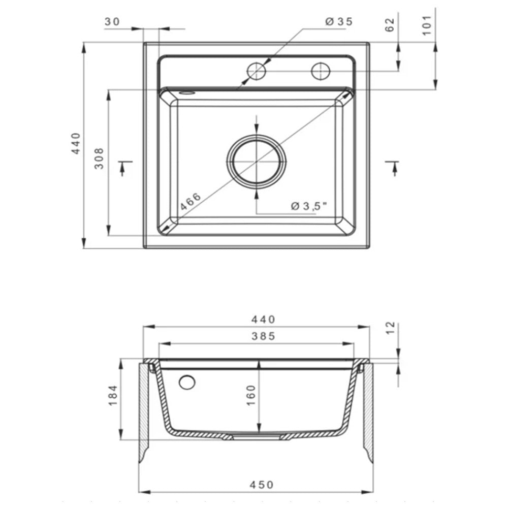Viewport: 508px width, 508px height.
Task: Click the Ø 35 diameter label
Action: point(338,22)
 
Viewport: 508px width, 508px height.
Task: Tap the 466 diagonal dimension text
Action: point(190,202)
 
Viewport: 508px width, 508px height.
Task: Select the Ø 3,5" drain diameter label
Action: point(309,206)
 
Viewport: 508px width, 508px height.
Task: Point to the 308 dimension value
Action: point(99,158)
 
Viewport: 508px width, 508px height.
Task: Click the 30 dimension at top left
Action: point(112,22)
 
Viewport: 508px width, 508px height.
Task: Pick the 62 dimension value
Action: point(390,25)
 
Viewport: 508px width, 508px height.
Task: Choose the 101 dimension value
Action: point(427,25)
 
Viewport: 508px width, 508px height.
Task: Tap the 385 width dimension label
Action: point(263,336)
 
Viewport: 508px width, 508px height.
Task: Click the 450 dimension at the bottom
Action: point(262,485)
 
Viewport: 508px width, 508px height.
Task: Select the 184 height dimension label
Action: point(113,395)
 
